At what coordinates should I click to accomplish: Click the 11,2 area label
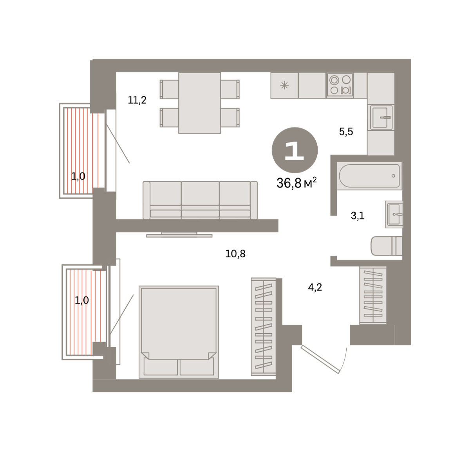137,100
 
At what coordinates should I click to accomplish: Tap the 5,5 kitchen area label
346,132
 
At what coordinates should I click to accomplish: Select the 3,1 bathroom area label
358,216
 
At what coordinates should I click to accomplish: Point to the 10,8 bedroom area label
235,254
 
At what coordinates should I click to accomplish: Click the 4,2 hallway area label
315,287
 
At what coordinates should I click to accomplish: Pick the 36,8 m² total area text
296,183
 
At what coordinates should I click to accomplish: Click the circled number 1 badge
295,150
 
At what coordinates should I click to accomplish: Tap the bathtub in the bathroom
369,176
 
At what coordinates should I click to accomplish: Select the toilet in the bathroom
387,246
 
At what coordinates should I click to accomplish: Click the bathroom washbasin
394,214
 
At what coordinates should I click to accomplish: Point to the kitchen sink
381,117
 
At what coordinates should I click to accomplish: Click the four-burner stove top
340,85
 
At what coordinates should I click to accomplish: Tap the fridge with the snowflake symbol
284,85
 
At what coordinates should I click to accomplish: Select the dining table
199,103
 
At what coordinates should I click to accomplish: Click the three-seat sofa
200,200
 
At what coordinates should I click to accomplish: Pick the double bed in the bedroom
179,332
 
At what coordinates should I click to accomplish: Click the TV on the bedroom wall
179,235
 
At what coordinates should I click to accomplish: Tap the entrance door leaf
320,359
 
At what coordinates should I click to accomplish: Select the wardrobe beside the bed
264,327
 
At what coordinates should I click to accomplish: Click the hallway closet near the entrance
373,295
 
